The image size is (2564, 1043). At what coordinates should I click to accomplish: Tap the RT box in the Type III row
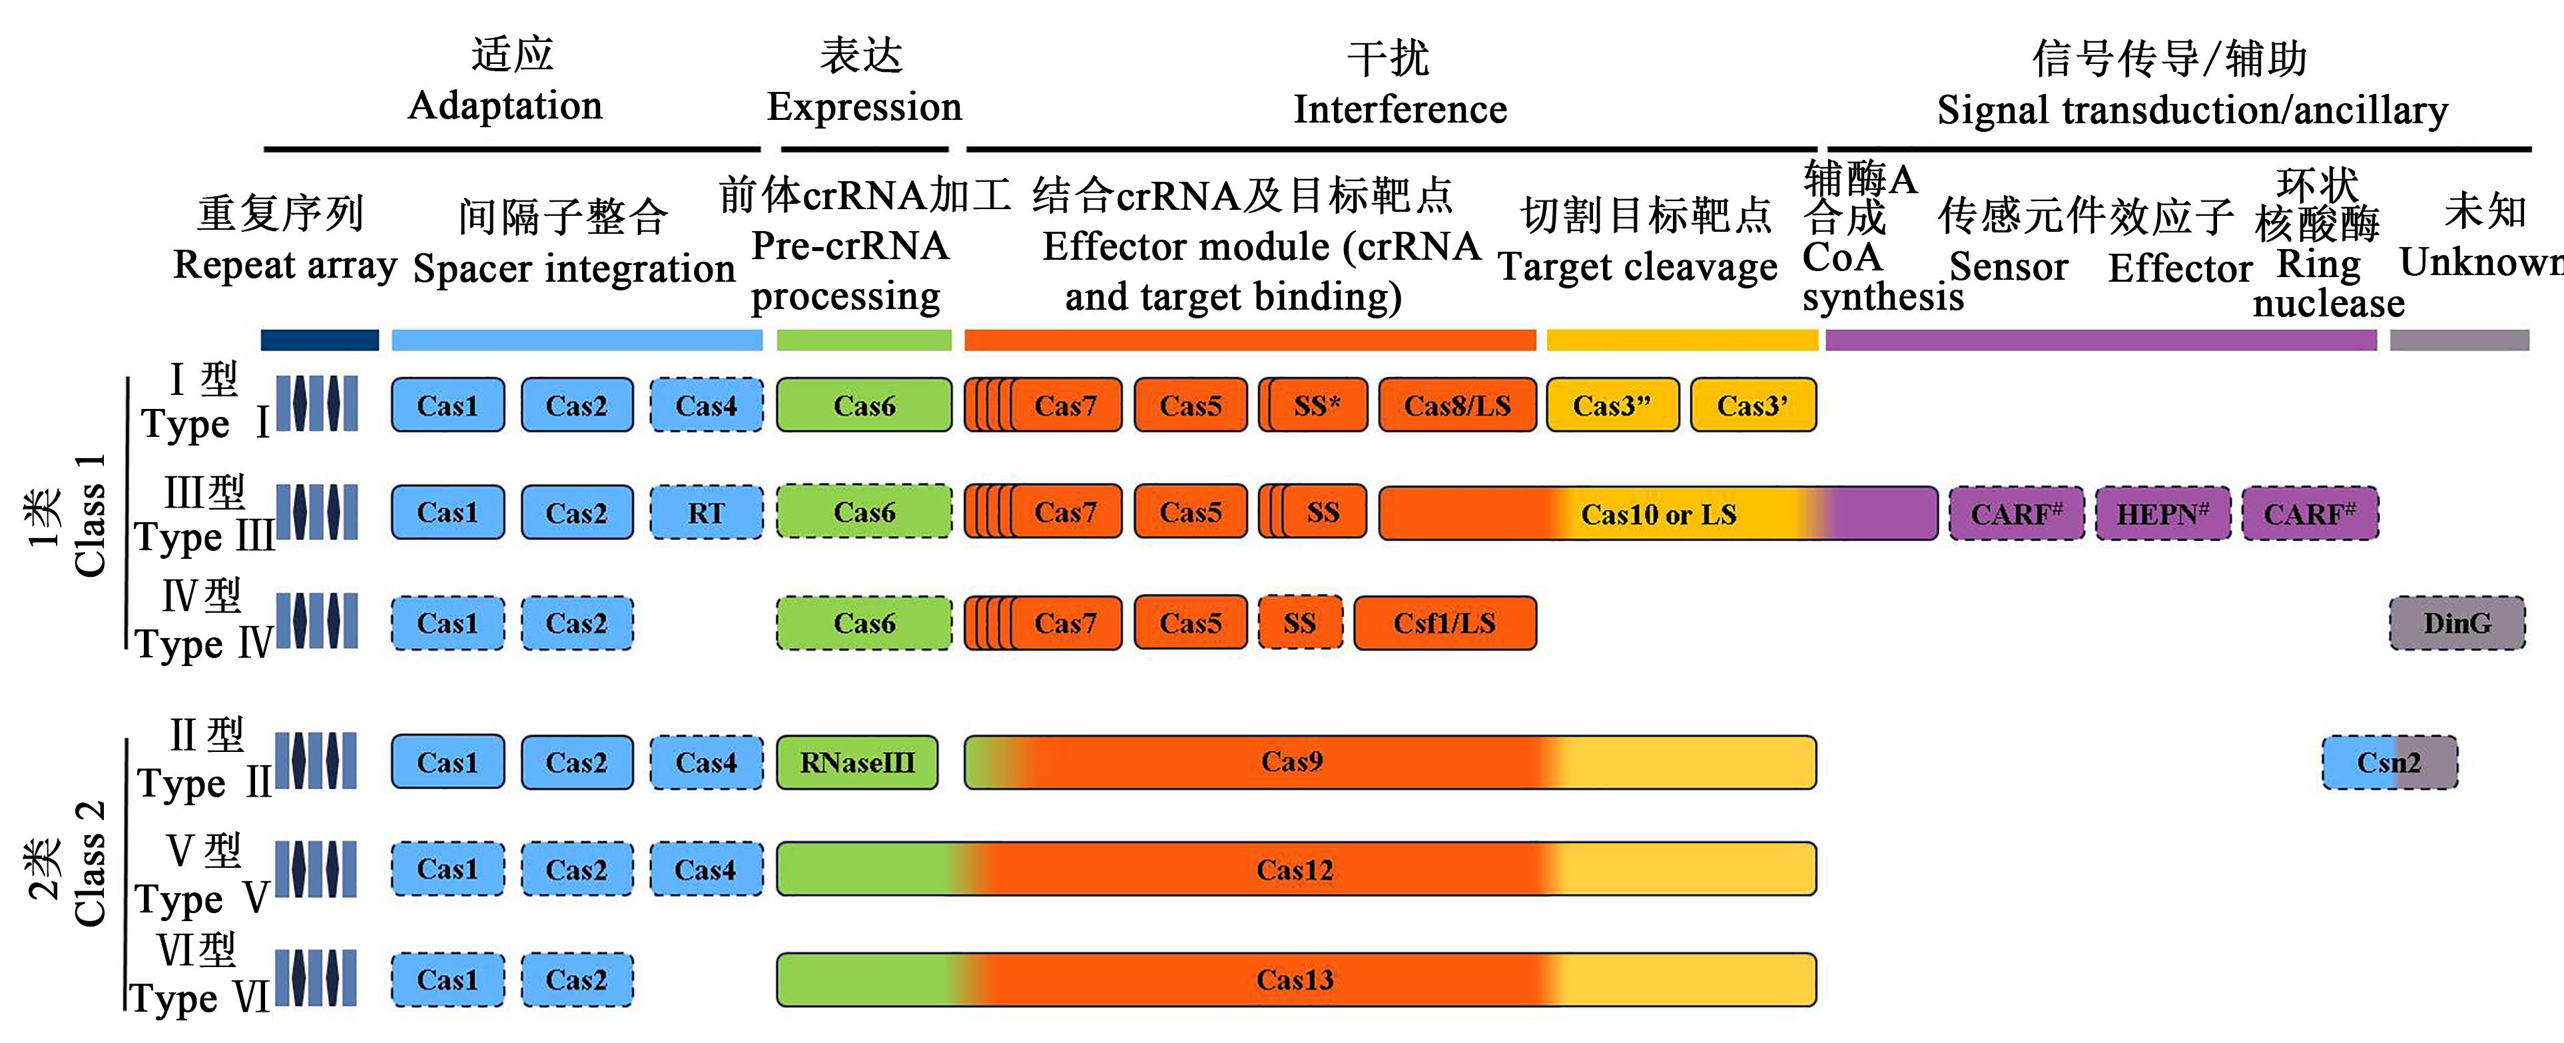coord(706,513)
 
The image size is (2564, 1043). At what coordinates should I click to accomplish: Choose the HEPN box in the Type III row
coord(2162,514)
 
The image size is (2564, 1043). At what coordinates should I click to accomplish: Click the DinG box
coord(2457,623)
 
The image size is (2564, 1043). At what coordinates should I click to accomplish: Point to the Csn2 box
coord(2389,763)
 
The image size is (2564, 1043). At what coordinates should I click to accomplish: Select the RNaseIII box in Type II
coord(857,763)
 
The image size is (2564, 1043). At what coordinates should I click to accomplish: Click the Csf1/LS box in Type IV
coord(1444,623)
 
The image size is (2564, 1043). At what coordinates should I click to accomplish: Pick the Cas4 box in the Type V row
coord(706,869)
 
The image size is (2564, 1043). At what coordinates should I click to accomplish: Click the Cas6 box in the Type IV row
coord(864,623)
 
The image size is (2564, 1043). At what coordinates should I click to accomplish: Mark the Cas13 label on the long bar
coord(1294,979)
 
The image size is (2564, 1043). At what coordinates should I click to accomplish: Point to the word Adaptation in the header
coord(505,105)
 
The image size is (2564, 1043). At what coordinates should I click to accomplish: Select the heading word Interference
coord(1399,109)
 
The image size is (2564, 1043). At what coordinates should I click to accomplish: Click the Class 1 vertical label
coord(90,516)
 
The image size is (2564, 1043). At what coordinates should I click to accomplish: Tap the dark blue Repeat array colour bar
coord(320,340)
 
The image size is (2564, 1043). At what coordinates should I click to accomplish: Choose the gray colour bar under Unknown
coord(2459,340)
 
